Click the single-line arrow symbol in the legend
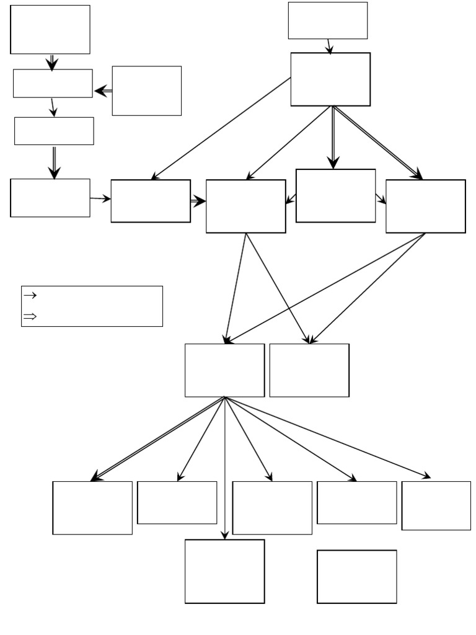30,296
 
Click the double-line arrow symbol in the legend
30,317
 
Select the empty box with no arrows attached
356,576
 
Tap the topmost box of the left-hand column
50,29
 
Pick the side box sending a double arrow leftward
146,91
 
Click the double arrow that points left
103,91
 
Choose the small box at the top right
327,20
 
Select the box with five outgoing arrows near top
330,79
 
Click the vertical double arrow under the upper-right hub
333,137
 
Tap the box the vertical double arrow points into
335,195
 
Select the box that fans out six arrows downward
224,370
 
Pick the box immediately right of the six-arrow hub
309,370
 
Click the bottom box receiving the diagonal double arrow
92,507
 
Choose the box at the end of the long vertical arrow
224,571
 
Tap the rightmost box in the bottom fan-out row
436,505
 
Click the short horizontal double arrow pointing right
198,202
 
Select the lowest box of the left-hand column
50,198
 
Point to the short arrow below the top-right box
329,47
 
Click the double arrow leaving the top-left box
52,62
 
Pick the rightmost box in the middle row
425,206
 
